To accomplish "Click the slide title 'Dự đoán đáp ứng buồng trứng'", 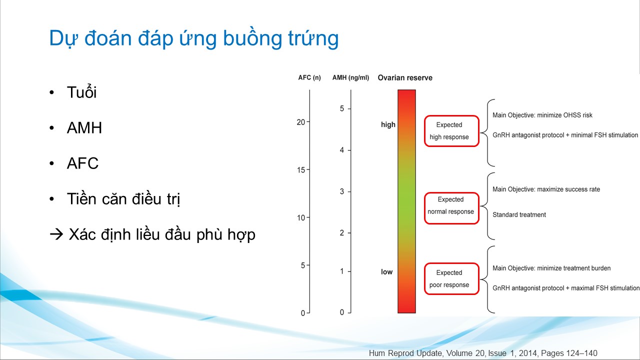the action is [x=193, y=38].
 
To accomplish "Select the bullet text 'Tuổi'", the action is [x=81, y=92].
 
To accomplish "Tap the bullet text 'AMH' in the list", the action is [x=84, y=127].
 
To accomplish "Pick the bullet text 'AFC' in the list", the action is [x=82, y=163].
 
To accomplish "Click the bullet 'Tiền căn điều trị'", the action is [x=123, y=198].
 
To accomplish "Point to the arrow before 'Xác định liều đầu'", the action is [x=56, y=234].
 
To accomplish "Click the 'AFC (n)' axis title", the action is [x=309, y=77].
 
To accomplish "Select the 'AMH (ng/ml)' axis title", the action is [x=350, y=77].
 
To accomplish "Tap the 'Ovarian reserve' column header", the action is [x=405, y=77].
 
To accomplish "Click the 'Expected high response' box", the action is [x=451, y=131].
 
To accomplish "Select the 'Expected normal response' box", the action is [x=451, y=208].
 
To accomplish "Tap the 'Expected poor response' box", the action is [x=451, y=278].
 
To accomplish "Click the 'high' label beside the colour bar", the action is [x=388, y=124].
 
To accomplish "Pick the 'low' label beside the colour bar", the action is [x=386, y=271].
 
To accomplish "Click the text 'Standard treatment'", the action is [x=519, y=214].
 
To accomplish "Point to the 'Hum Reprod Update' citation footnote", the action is [x=483, y=353].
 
